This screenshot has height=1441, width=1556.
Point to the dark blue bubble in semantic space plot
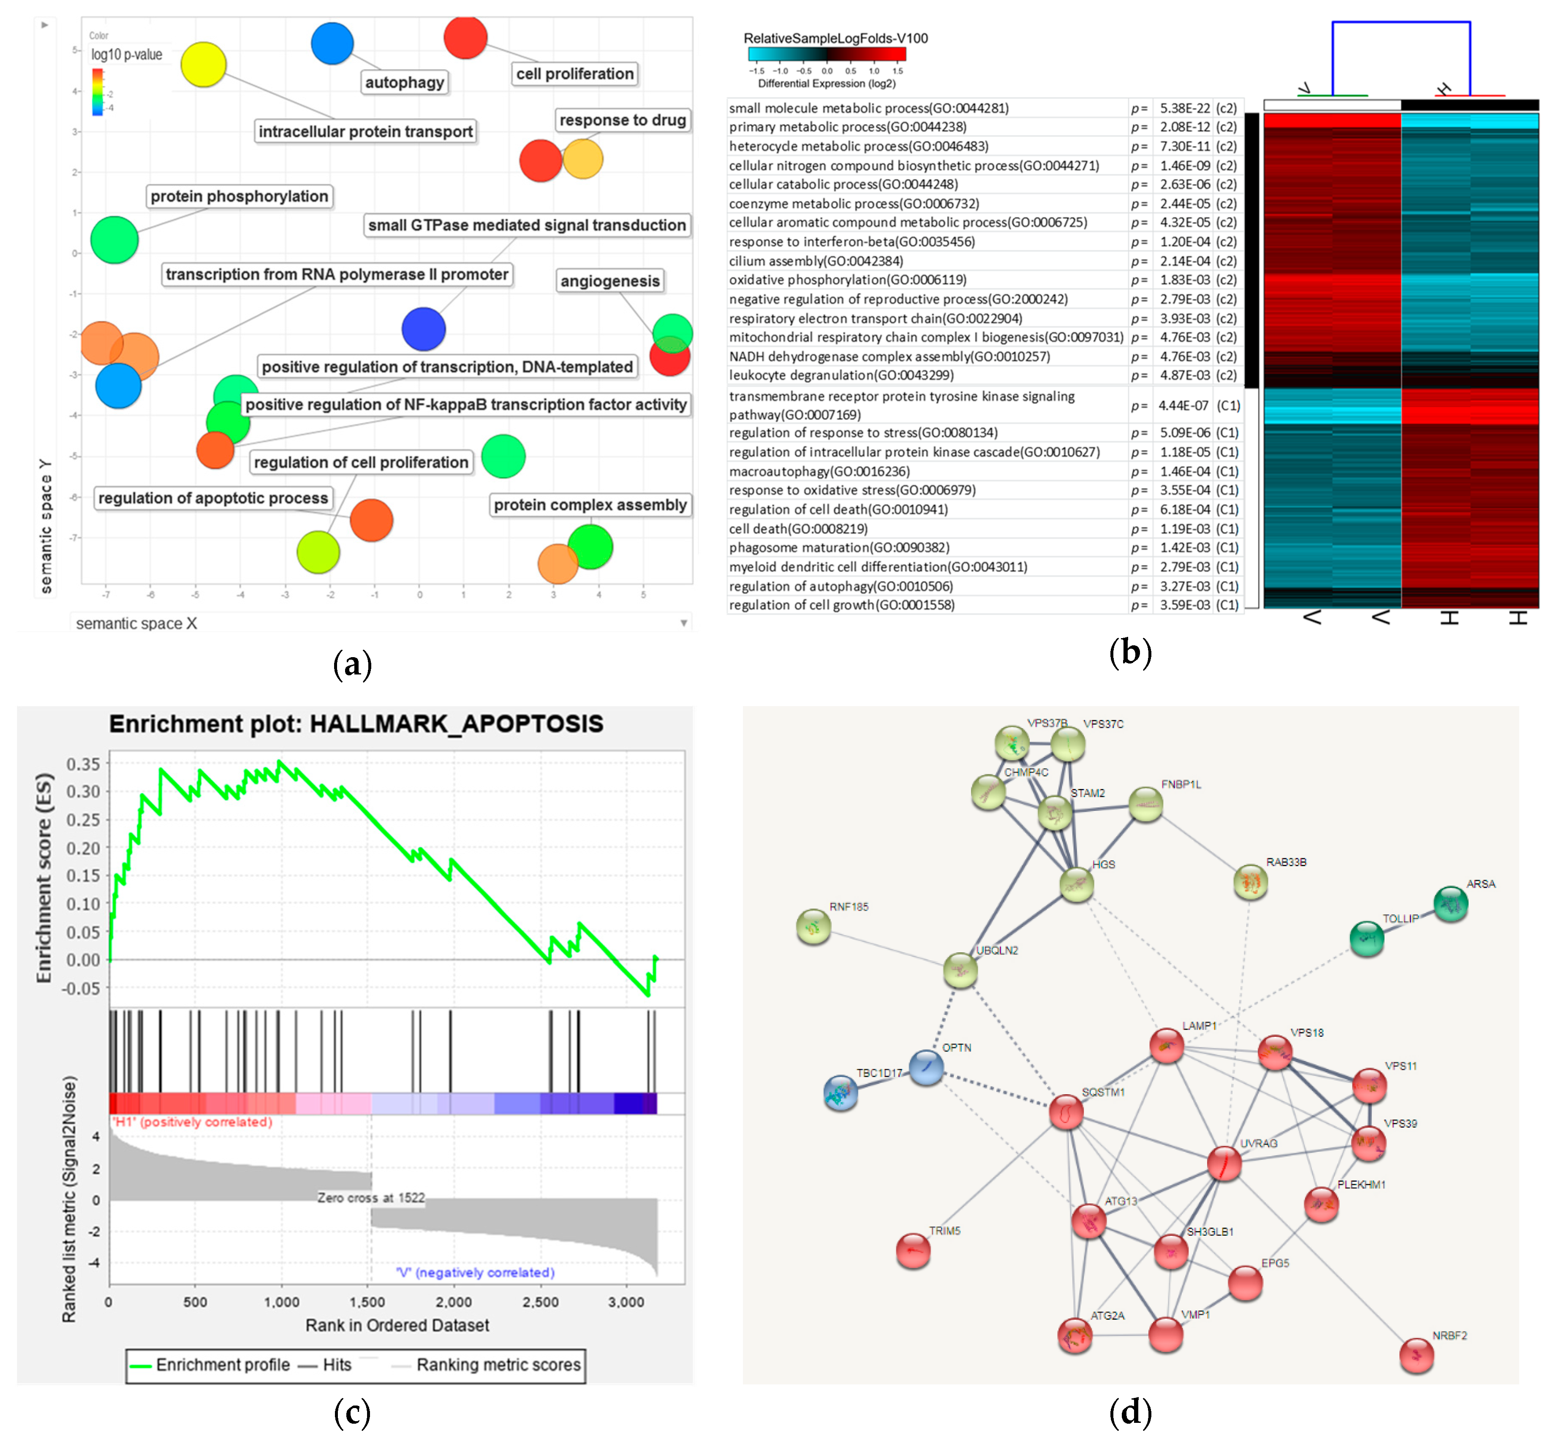click(x=424, y=329)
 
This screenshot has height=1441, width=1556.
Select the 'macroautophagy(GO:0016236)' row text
click(x=819, y=471)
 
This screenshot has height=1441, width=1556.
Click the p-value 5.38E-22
click(x=1184, y=108)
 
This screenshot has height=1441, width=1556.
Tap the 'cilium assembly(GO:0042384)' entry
click(x=816, y=261)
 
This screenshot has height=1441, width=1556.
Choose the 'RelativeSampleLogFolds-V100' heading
click(x=835, y=38)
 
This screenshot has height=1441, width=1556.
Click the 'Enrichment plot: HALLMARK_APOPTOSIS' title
click(x=356, y=723)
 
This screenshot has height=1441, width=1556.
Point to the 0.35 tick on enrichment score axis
click(x=83, y=764)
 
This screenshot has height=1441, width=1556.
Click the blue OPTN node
click(x=927, y=1067)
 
